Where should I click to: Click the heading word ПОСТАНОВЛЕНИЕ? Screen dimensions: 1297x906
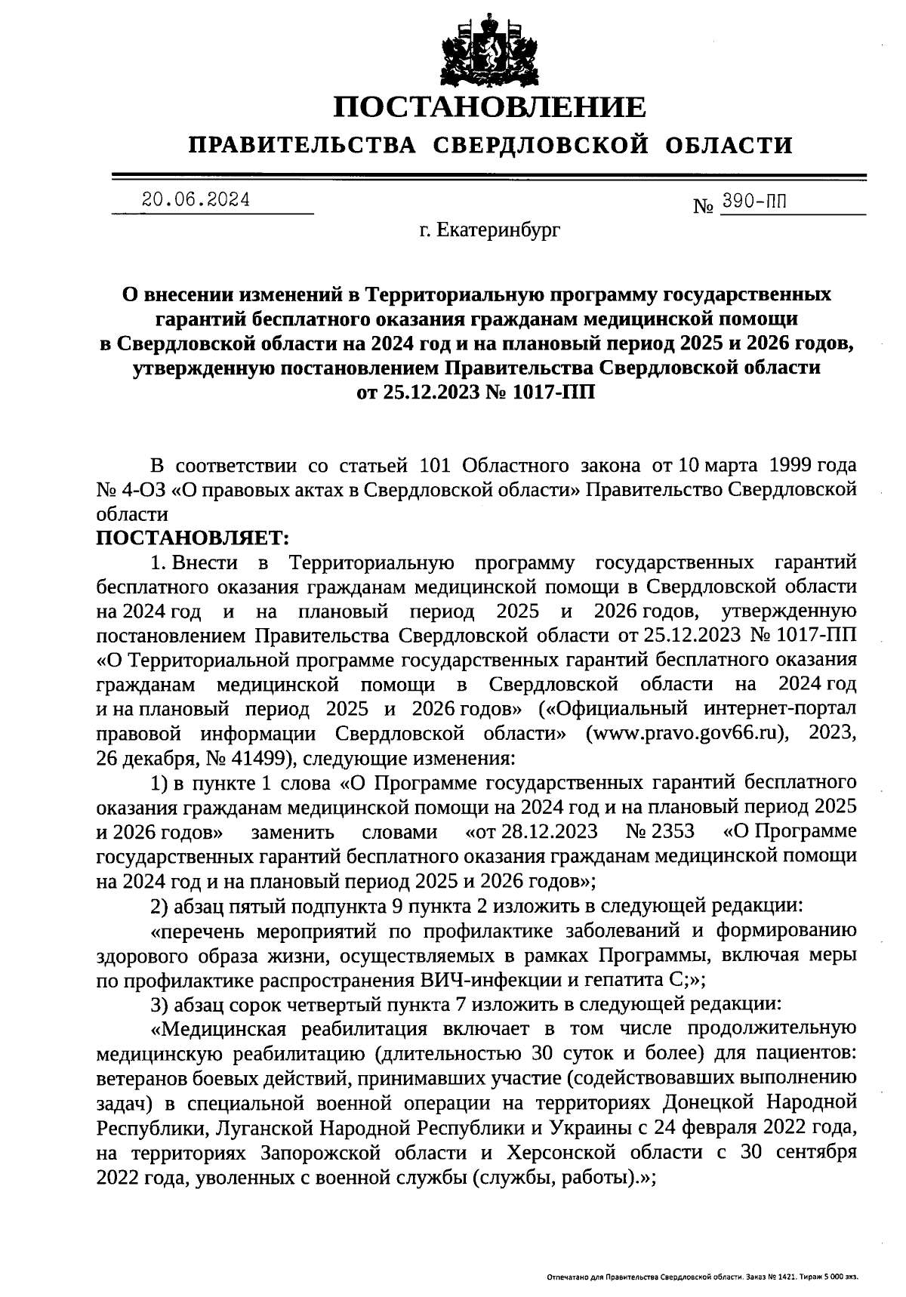490,107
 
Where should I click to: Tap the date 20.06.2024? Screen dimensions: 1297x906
196,200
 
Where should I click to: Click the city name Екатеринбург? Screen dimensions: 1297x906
499,230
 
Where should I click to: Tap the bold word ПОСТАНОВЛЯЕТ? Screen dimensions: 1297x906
193,538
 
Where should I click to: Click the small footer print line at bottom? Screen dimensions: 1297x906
701,1277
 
